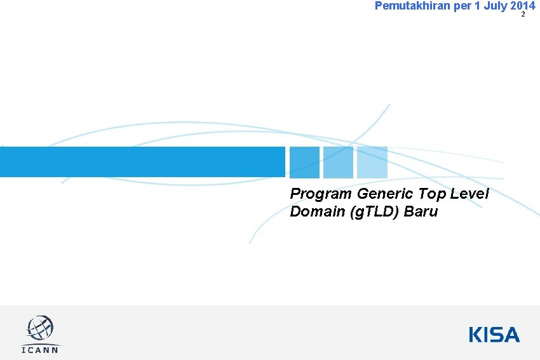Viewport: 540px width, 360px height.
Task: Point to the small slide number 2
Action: click(x=523, y=15)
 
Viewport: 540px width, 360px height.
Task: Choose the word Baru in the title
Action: click(x=421, y=211)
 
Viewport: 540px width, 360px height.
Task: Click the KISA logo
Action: click(x=494, y=335)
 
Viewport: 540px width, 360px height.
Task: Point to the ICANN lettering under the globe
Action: click(x=40, y=350)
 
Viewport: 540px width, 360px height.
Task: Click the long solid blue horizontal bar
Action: click(x=142, y=162)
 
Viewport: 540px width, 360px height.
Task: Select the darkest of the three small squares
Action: click(x=304, y=163)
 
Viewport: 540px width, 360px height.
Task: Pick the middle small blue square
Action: click(x=338, y=163)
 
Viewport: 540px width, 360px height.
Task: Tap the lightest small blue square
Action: click(x=372, y=163)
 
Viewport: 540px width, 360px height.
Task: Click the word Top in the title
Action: click(x=431, y=194)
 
